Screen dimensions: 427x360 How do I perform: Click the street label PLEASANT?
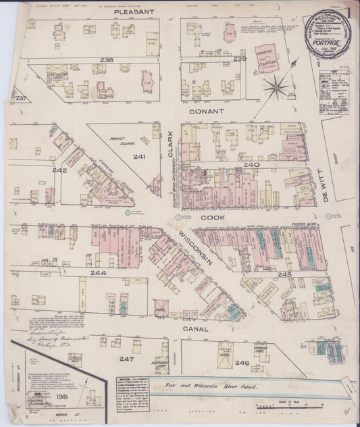click(134, 11)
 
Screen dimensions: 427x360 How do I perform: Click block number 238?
click(107, 59)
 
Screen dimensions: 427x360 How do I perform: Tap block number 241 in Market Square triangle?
click(139, 157)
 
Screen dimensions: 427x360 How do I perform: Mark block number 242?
click(60, 170)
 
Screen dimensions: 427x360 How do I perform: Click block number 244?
click(99, 273)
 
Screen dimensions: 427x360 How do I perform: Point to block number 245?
click(284, 274)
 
